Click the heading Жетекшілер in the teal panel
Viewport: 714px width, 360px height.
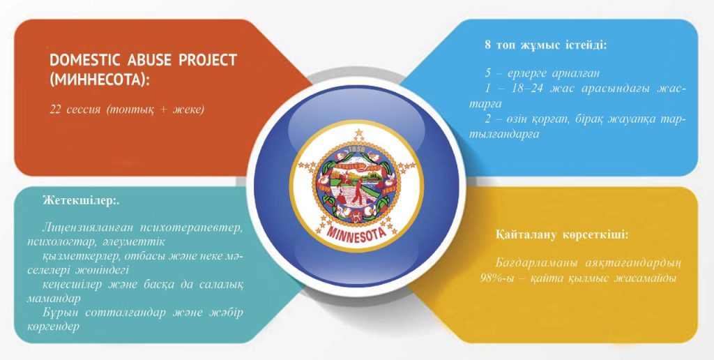pos(79,201)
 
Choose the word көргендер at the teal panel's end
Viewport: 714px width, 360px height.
pos(53,327)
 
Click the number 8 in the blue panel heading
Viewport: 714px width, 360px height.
pos(487,45)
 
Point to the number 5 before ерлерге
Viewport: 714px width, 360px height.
pos(487,73)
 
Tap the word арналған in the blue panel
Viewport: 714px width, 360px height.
pos(575,73)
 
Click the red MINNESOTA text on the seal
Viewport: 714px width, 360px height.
pos(356,234)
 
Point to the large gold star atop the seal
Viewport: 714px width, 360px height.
pos(359,133)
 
